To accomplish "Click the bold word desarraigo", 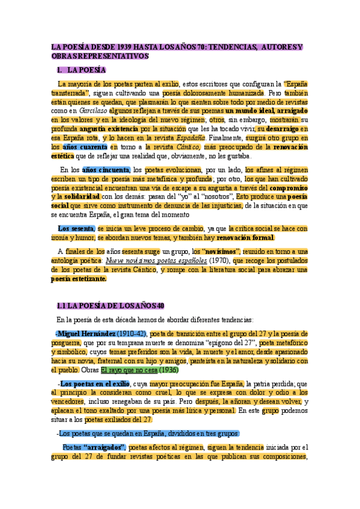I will tap(283, 128).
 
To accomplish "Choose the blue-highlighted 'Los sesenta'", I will tap(76, 228).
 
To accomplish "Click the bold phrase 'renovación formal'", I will tap(247, 237).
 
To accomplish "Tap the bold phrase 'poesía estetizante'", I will tap(78, 279).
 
